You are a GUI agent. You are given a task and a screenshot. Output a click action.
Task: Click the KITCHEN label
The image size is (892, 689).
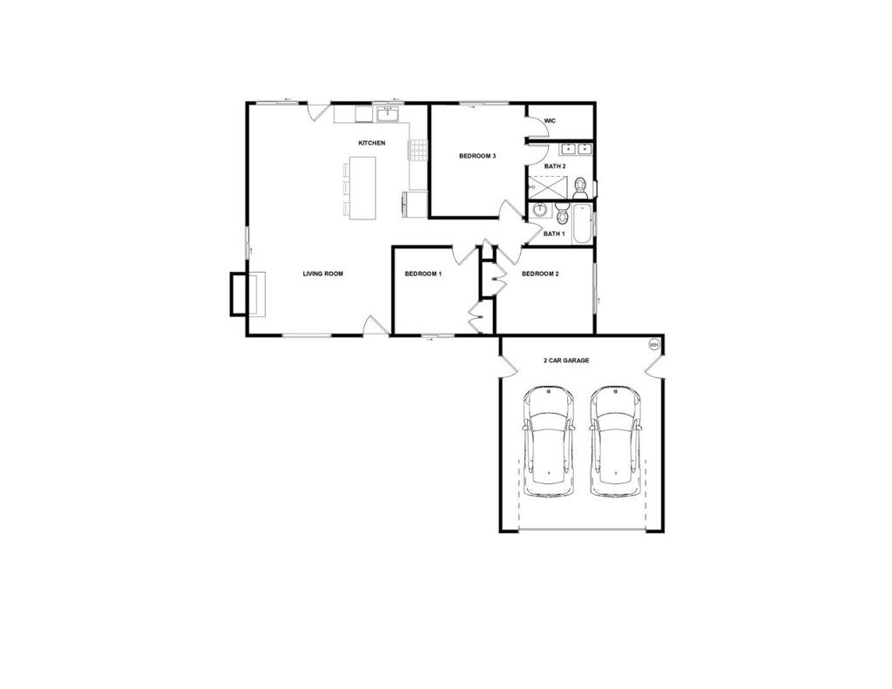(372, 143)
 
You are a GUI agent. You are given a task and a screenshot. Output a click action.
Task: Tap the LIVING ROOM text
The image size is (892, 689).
(322, 274)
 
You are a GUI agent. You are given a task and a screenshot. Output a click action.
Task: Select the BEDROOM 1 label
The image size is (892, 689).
(423, 274)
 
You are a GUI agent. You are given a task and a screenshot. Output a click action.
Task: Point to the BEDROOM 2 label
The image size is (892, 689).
(540, 274)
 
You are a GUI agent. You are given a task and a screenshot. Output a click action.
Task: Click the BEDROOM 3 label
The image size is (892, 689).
(477, 156)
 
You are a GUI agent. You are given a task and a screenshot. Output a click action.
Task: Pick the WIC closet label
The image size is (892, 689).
(550, 121)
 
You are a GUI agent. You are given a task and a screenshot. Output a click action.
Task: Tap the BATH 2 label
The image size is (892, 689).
(555, 165)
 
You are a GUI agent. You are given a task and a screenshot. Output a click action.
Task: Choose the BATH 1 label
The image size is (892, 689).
(554, 233)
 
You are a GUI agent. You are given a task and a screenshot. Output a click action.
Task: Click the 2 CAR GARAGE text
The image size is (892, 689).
(566, 360)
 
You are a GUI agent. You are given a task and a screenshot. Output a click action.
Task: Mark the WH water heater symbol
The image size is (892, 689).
(653, 345)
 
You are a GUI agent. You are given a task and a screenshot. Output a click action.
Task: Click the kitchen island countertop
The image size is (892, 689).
(364, 187)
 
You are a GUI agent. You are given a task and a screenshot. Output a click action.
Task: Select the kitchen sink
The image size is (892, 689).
(387, 113)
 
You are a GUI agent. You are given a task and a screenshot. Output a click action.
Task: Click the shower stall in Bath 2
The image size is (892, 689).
(547, 187)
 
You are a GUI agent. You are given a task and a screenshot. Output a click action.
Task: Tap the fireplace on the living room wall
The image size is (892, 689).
(242, 294)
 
